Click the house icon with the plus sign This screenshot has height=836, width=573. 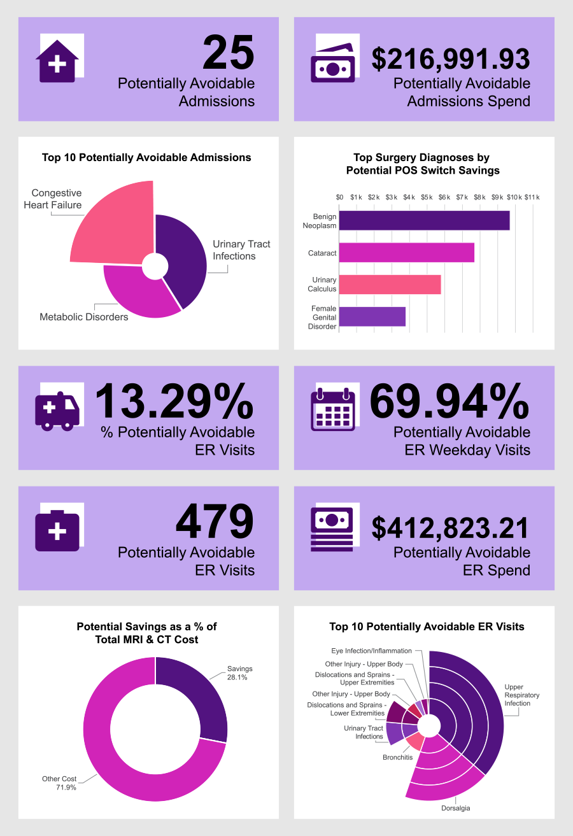57,64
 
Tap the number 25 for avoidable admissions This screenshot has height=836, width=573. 229,53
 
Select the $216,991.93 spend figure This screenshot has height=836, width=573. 451,59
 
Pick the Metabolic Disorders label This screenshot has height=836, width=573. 84,316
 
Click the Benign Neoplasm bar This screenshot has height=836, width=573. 424,220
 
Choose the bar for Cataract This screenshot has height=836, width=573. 406,253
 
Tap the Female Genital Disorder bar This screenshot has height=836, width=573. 372,316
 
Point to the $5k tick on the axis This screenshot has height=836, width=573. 427,197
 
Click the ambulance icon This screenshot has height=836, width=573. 58,411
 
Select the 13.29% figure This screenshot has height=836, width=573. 174,402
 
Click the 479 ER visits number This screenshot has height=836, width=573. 215,522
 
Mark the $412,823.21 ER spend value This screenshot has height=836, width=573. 451,528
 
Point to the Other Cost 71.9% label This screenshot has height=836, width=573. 59,783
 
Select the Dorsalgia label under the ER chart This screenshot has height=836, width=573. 456,809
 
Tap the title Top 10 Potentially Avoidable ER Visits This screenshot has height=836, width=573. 427,627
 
